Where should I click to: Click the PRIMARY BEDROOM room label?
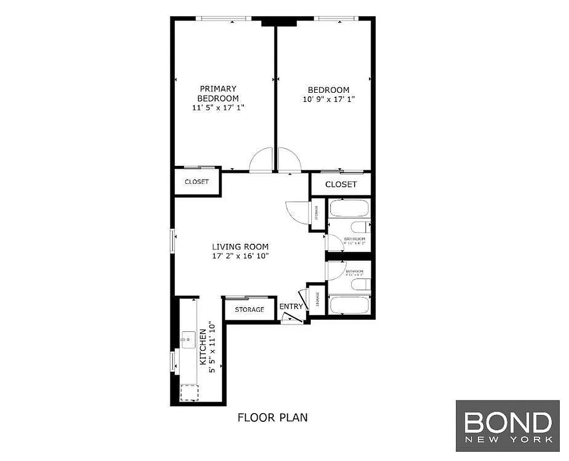[218, 93]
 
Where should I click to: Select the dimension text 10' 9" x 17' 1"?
[328, 99]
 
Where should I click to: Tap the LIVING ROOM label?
[240, 247]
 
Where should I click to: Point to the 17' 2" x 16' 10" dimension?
[240, 256]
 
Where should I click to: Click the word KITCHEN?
[203, 347]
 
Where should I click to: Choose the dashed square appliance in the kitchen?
[189, 392]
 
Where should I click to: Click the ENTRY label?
[291, 307]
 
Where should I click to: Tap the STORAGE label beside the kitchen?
[249, 309]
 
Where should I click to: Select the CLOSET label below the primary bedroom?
[196, 182]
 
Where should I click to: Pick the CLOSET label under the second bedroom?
[341, 184]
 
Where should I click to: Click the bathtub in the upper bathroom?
[349, 208]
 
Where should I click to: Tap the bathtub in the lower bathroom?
[349, 304]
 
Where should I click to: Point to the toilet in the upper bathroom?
[359, 227]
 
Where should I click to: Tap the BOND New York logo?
[507, 426]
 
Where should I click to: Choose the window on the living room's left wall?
[172, 240]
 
